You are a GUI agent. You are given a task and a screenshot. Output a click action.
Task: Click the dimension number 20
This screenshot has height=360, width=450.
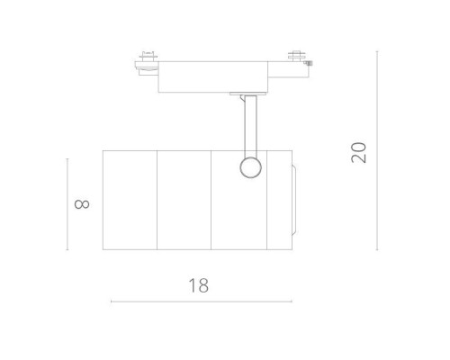click(360, 150)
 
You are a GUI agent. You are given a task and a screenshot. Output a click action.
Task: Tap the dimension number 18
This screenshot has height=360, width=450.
click(200, 285)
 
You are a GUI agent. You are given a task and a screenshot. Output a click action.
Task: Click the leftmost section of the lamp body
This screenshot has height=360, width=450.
click(130, 199)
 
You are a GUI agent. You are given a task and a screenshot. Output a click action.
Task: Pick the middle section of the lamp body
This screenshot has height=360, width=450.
click(184, 199)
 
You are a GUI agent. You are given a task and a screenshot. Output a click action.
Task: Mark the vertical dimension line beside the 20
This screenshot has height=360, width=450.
click(377, 150)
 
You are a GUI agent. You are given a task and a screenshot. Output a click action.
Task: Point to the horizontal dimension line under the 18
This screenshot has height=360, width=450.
click(200, 301)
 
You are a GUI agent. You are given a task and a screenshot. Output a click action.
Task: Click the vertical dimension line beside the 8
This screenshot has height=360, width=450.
click(67, 203)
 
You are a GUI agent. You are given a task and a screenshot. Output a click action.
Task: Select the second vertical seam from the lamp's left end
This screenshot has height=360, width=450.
click(211, 199)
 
